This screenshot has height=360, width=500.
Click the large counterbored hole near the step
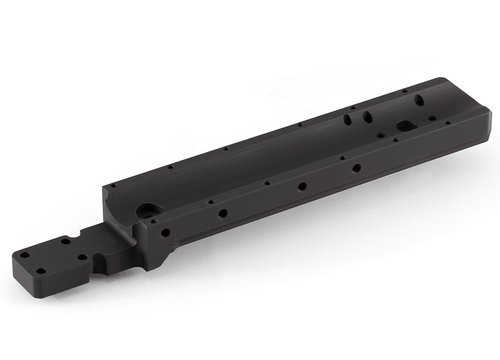pyautogui.click(x=146, y=212)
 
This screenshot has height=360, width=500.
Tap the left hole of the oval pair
pyautogui.click(x=348, y=118)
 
